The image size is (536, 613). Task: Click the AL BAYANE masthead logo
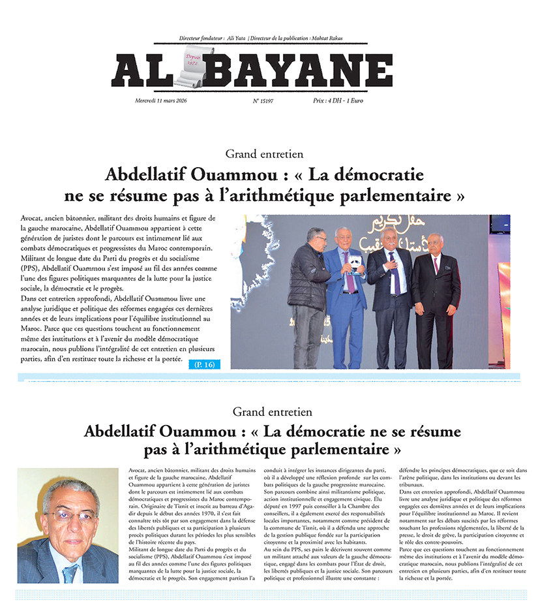click(x=253, y=70)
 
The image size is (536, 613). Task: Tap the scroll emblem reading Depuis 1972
click(x=190, y=63)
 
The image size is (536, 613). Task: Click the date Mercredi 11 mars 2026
click(x=161, y=101)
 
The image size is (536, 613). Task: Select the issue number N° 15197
click(x=263, y=101)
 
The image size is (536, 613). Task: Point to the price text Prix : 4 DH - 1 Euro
click(x=340, y=101)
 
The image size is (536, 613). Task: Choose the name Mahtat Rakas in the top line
click(x=344, y=39)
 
